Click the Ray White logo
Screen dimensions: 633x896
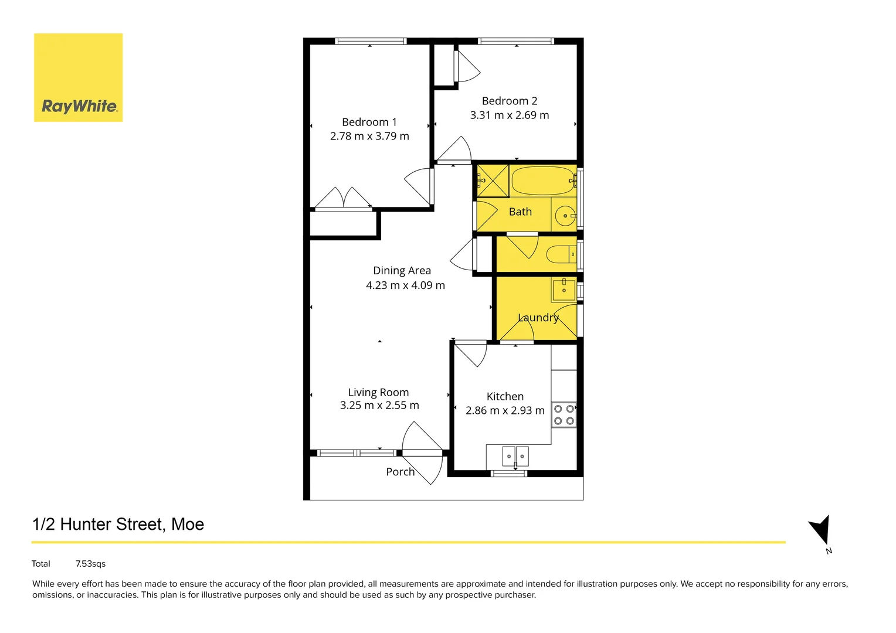point(78,77)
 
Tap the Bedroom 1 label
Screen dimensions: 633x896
point(369,122)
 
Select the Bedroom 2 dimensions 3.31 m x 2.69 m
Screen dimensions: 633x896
point(509,115)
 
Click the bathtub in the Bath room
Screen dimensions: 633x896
point(542,181)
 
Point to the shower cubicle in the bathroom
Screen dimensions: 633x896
point(492,181)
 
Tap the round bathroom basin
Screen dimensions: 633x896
point(565,216)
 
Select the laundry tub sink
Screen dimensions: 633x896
point(564,290)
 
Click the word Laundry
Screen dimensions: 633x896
point(538,318)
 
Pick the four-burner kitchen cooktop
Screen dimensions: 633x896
point(564,414)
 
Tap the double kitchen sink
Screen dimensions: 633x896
point(515,456)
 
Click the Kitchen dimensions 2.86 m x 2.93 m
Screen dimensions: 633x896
point(505,411)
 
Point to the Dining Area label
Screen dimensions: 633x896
point(402,271)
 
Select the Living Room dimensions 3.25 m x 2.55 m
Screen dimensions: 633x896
point(379,406)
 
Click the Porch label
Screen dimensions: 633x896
point(400,472)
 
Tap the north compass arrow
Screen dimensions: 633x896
point(820,530)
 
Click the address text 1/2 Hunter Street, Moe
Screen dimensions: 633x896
point(118,524)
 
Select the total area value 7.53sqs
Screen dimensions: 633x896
point(90,564)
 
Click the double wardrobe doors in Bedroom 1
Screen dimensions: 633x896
point(344,198)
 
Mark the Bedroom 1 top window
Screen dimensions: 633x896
point(370,41)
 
